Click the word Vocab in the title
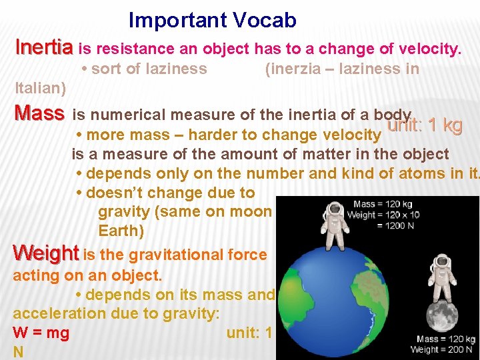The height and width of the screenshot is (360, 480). (x=265, y=21)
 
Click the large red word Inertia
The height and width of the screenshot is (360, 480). (x=44, y=48)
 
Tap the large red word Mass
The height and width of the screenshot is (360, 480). (x=39, y=114)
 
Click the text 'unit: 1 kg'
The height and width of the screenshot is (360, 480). (x=425, y=125)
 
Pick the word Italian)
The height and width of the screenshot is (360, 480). (x=40, y=88)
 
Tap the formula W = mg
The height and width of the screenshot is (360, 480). (x=41, y=333)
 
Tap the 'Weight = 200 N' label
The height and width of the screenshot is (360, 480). (x=443, y=349)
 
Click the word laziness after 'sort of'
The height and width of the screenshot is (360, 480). (x=175, y=69)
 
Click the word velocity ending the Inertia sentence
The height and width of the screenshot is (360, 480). (x=429, y=49)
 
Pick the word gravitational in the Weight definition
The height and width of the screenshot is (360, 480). (x=176, y=254)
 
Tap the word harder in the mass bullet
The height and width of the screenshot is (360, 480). (x=213, y=135)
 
